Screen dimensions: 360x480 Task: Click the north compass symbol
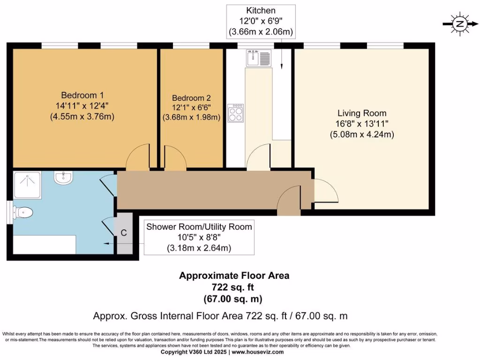460,24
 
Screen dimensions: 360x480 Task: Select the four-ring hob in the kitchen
235,112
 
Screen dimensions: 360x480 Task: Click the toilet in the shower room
23,213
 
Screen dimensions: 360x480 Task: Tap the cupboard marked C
124,232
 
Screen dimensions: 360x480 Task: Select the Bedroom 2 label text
191,98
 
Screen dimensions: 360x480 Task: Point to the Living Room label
362,113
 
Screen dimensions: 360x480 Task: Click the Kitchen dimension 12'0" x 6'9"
261,21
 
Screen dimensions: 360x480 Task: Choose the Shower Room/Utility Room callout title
199,227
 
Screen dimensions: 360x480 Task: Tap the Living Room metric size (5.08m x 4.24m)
362,135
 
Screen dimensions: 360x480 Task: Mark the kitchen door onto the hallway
259,157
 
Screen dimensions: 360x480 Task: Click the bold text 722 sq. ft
234,287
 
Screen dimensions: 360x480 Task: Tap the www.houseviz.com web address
257,352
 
